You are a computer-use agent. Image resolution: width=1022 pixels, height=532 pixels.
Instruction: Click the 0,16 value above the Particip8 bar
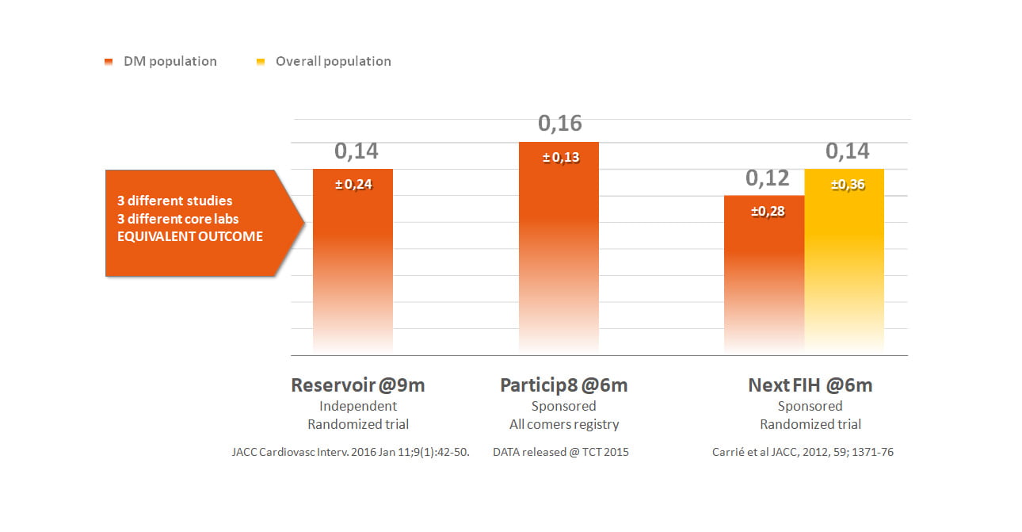[559, 124]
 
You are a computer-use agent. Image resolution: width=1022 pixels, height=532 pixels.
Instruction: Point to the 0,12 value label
[767, 178]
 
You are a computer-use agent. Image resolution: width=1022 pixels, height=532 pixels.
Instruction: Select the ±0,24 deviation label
[353, 185]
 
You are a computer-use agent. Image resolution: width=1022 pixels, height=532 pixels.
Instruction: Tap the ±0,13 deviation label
[560, 158]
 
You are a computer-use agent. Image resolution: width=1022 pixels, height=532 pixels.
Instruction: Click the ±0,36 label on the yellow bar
[847, 185]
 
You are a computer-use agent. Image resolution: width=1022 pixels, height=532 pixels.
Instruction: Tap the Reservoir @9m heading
[358, 385]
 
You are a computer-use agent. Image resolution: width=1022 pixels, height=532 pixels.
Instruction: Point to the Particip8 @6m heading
[563, 385]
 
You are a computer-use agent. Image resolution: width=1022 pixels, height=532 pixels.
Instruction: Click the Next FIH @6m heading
[810, 385]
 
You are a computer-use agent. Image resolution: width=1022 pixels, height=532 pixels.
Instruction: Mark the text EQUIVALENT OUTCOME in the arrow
[189, 236]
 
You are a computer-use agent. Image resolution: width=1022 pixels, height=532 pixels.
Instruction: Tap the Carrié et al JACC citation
[803, 453]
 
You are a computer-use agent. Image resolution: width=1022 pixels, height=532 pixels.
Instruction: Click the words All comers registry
[563, 424]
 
